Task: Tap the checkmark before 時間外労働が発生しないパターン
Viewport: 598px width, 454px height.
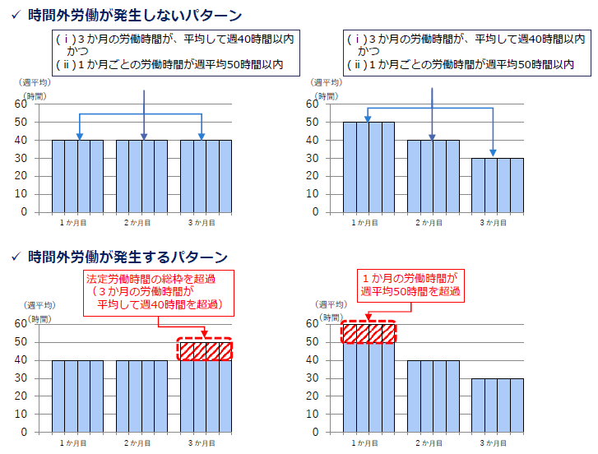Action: coord(14,16)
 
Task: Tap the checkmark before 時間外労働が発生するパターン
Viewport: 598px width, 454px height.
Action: coord(14,257)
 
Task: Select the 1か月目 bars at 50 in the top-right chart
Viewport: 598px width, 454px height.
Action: coord(369,166)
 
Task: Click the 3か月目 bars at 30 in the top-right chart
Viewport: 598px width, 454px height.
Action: coord(497,184)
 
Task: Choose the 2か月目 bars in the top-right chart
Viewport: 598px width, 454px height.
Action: coord(433,175)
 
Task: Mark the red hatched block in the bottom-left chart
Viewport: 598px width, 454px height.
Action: coord(205,350)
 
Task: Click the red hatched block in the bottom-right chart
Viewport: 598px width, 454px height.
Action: coord(369,333)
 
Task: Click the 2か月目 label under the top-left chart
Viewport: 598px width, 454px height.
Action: coord(141,223)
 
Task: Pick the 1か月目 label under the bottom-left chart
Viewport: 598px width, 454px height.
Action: coord(77,443)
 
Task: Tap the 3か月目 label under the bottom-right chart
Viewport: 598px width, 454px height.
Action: coord(497,443)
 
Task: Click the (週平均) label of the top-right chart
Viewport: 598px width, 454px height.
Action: coord(327,82)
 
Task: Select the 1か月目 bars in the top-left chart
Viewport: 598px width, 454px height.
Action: coord(77,175)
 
